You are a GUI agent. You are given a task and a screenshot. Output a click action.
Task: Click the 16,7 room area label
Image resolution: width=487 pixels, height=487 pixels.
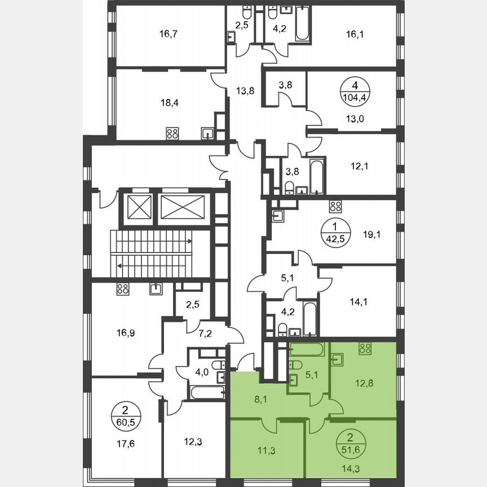click(x=167, y=34)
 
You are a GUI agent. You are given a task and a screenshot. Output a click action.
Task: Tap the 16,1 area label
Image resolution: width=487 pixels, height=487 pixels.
click(x=355, y=34)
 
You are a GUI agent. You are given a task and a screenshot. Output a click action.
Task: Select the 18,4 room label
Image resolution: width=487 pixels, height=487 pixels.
click(x=167, y=103)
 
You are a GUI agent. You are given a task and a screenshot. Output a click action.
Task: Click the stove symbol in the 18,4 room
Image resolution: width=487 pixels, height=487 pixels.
click(x=172, y=134)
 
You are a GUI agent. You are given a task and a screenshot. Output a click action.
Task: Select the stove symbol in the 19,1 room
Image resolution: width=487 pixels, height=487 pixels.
click(x=336, y=206)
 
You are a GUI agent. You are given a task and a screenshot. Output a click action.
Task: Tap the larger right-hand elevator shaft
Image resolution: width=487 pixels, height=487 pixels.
click(x=183, y=207)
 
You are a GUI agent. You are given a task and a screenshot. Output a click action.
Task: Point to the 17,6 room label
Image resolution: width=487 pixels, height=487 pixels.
click(x=121, y=443)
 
